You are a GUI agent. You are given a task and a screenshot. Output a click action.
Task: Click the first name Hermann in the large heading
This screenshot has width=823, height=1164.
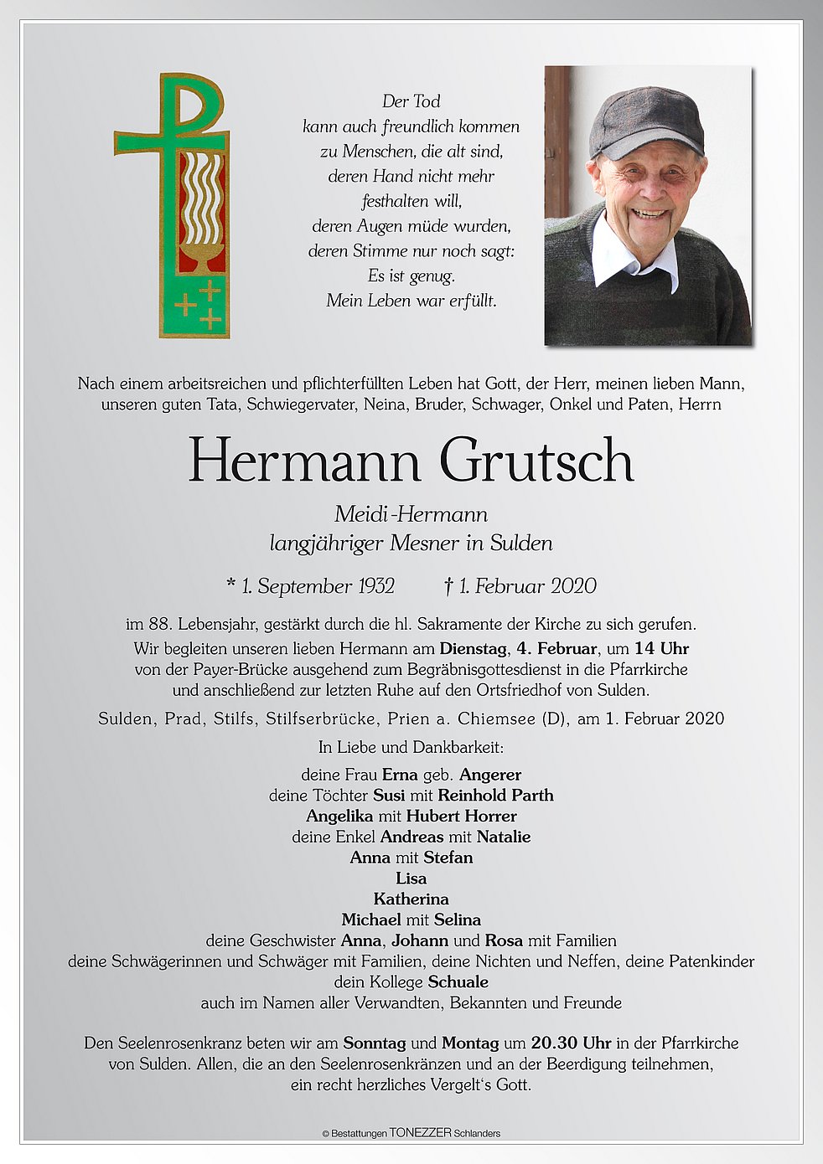pos(303,461)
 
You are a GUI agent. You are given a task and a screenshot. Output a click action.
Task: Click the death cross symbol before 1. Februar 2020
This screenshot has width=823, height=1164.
pos(449,586)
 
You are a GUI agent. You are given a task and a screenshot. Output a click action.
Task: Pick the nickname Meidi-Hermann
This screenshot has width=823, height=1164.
pos(411,514)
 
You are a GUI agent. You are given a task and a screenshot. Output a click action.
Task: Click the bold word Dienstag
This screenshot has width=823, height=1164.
pos(473,648)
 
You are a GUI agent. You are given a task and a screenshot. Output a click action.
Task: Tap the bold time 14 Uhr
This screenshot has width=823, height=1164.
pos(661,648)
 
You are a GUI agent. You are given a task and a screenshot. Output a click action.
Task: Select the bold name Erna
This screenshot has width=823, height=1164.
pos(400,775)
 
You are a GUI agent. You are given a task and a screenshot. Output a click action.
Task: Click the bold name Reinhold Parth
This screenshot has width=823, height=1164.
pos(495,796)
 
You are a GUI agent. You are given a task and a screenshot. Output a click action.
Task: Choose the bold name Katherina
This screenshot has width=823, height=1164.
pos(411,899)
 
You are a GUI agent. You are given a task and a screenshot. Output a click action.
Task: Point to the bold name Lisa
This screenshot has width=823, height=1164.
pos(411,878)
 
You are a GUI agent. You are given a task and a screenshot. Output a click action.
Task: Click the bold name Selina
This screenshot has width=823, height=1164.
pos(458,919)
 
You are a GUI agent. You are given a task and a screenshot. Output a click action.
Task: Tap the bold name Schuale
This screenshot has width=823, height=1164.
pos(458,981)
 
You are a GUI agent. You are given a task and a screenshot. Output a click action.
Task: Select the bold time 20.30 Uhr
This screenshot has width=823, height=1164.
pos(571,1043)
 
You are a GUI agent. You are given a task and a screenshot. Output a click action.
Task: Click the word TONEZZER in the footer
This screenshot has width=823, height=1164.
pos(420,1133)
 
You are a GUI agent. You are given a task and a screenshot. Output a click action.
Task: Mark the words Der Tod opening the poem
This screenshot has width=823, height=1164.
pos(411,101)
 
